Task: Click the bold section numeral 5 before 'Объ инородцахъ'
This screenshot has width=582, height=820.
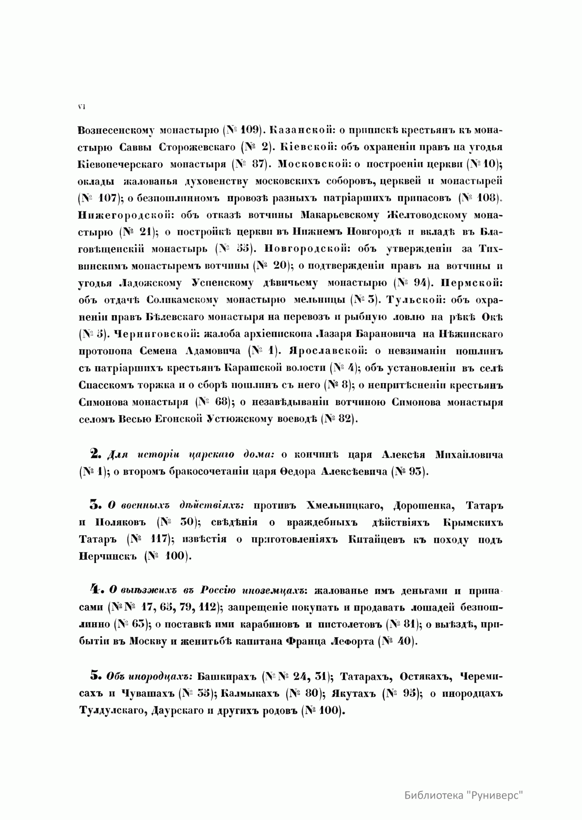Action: pos(95,675)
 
